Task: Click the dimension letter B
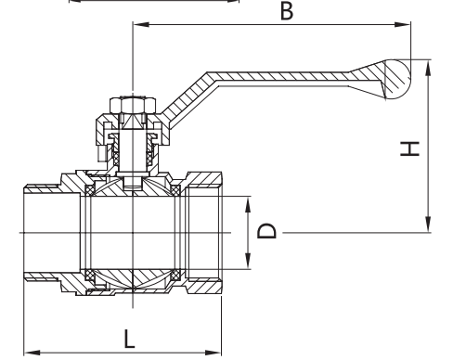coord(287,11)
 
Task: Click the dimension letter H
coord(409,148)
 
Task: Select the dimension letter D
coord(266,230)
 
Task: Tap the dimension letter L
coord(129,339)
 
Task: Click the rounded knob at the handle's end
coord(397,79)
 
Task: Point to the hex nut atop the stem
coord(133,105)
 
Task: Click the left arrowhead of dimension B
coord(141,24)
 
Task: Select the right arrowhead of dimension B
coord(403,24)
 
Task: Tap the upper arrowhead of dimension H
coord(428,68)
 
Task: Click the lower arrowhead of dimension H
coord(428,225)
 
